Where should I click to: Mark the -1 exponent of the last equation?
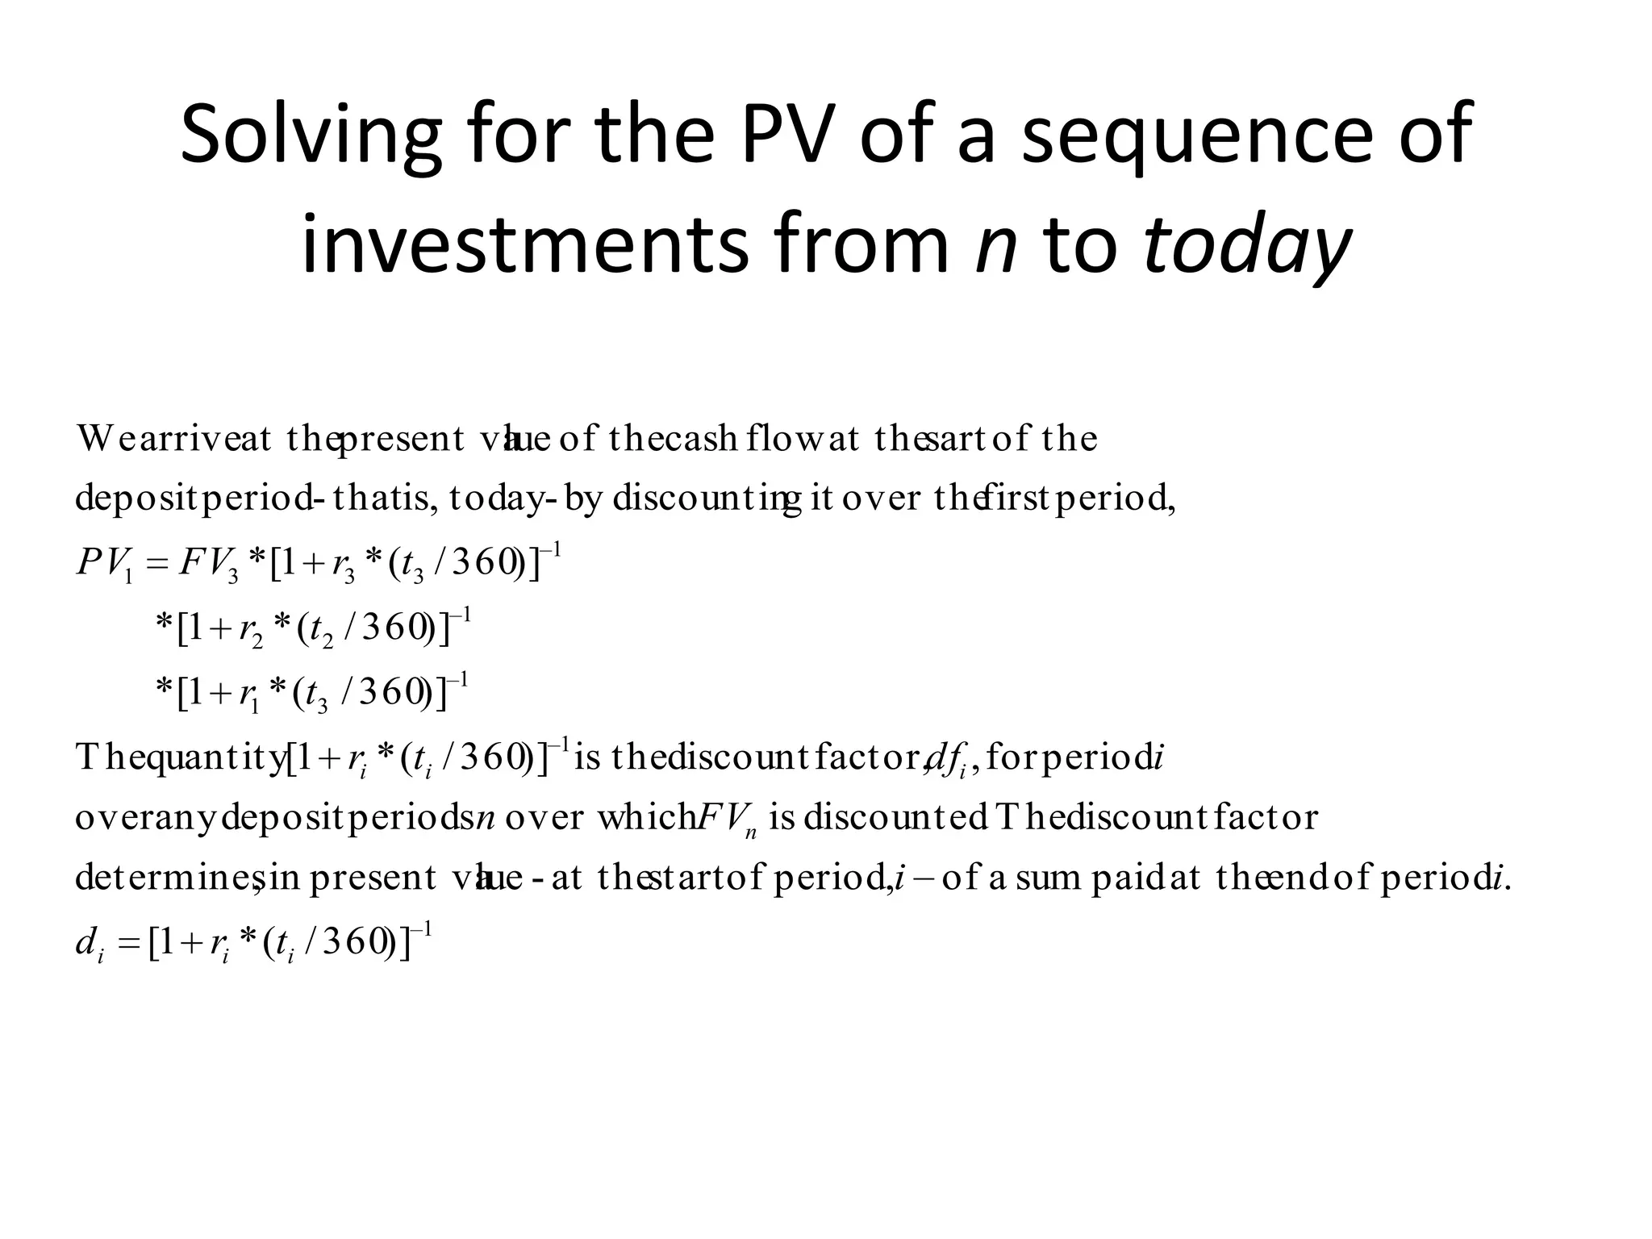tap(422, 932)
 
